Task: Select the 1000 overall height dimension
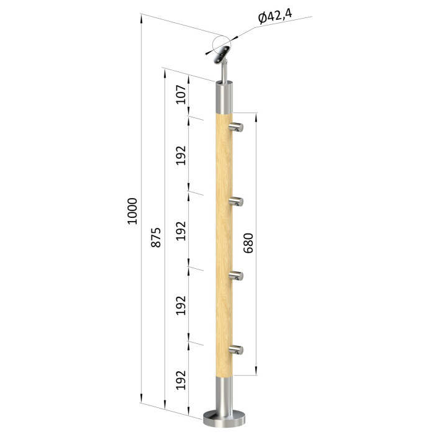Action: tap(132, 211)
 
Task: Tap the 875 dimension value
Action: tap(156, 237)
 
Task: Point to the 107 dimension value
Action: tap(181, 94)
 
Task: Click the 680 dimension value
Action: tap(248, 243)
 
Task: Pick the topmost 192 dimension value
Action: tap(181, 155)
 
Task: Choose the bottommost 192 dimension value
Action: tap(181, 380)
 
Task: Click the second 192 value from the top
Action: tap(181, 230)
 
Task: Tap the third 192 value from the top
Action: tap(181, 305)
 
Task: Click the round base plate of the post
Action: tap(224, 419)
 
